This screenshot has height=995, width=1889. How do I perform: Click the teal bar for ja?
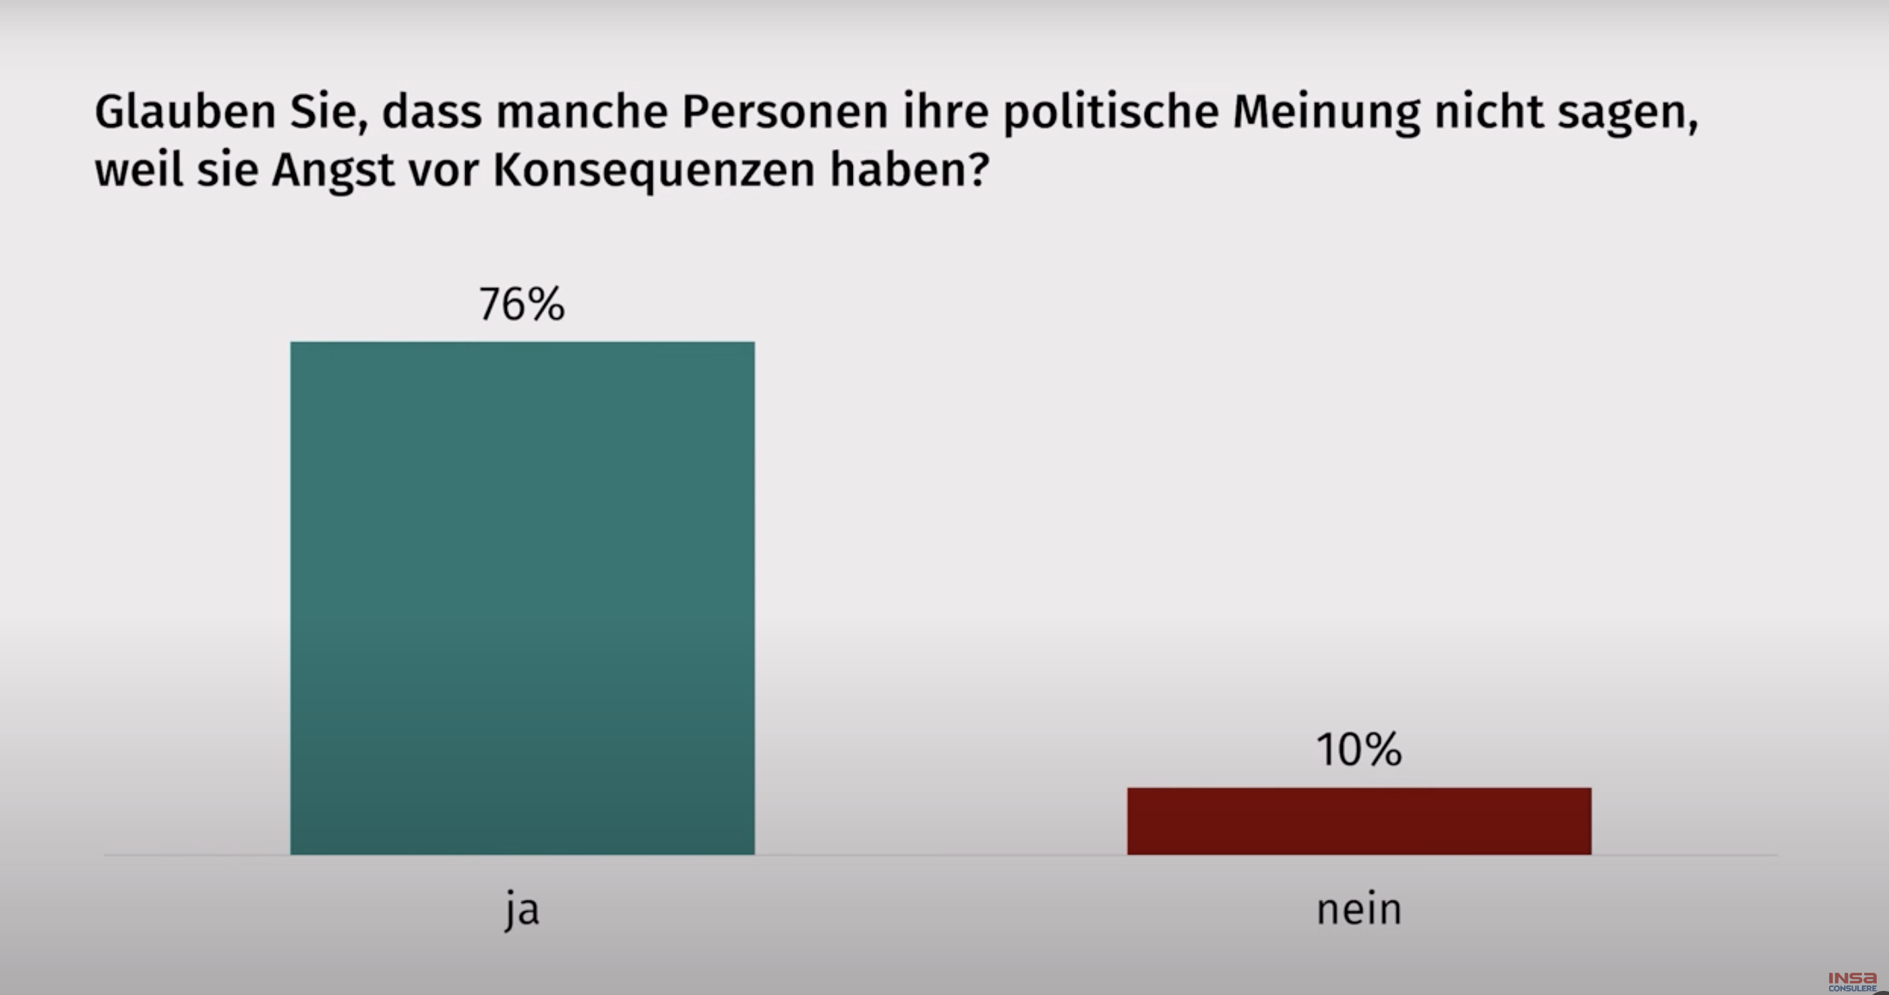(x=522, y=597)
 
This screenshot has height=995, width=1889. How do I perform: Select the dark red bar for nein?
(x=1359, y=820)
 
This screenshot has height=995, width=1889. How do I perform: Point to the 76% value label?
(x=521, y=304)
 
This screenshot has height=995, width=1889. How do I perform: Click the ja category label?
(x=522, y=909)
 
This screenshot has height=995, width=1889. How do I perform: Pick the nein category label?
(x=1359, y=909)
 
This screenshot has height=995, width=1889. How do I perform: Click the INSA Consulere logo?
(x=1852, y=981)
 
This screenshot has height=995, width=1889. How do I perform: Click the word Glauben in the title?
(x=185, y=112)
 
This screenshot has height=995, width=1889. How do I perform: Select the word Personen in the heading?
(x=785, y=112)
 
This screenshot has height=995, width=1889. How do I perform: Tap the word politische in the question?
(x=1110, y=112)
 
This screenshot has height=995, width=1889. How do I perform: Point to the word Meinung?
(x=1326, y=112)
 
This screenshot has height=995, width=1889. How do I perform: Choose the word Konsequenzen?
(x=653, y=170)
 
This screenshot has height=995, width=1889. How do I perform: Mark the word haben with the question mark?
(x=909, y=170)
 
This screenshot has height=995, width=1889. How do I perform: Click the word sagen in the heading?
(x=1627, y=112)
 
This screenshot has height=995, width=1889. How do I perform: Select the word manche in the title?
(x=582, y=112)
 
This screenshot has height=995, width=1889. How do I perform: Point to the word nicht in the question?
(x=1488, y=112)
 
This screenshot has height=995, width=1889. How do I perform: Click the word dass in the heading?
(x=431, y=112)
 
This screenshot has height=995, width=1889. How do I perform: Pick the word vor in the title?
(x=443, y=170)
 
